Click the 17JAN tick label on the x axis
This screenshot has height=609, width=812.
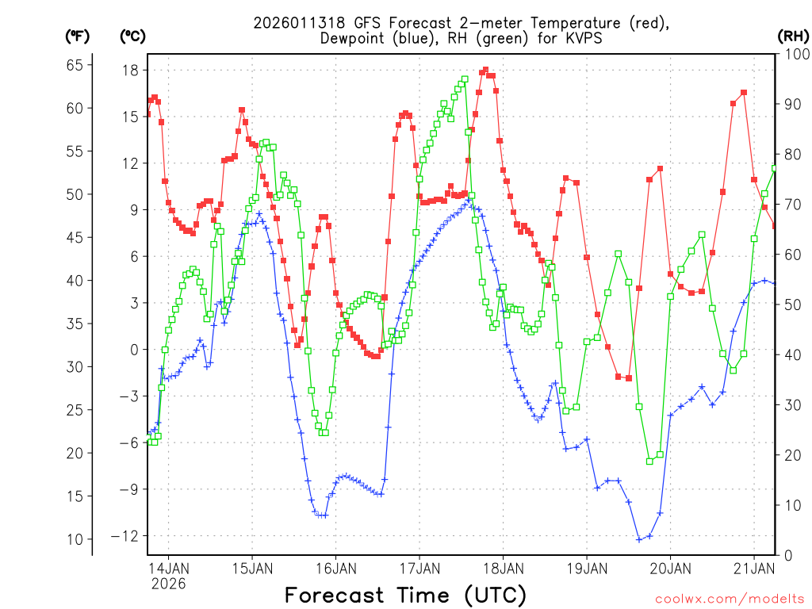pyautogui.click(x=419, y=569)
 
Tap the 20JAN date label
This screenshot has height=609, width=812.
pyautogui.click(x=669, y=569)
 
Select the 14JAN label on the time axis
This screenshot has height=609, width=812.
pyautogui.click(x=168, y=569)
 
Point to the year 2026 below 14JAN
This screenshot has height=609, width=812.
pyautogui.click(x=168, y=584)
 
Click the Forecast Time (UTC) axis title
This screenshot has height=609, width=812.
pyautogui.click(x=405, y=595)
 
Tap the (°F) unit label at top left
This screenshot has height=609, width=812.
pyautogui.click(x=78, y=36)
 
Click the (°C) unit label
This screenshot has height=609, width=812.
pyautogui.click(x=133, y=36)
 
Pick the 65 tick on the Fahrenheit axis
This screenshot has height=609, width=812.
pyautogui.click(x=74, y=65)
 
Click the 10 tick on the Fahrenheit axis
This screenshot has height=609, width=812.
pyautogui.click(x=74, y=539)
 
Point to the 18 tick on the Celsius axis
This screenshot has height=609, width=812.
pyautogui.click(x=130, y=71)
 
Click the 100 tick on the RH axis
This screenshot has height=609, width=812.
pyautogui.click(x=795, y=54)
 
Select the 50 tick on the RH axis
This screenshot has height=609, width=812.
pyautogui.click(x=791, y=304)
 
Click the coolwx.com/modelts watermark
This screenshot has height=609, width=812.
pyautogui.click(x=730, y=598)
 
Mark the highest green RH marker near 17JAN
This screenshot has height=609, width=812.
pyautogui.click(x=465, y=79)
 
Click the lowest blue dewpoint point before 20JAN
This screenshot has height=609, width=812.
pyautogui.click(x=639, y=540)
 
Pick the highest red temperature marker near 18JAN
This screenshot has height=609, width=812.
pyautogui.click(x=485, y=70)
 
